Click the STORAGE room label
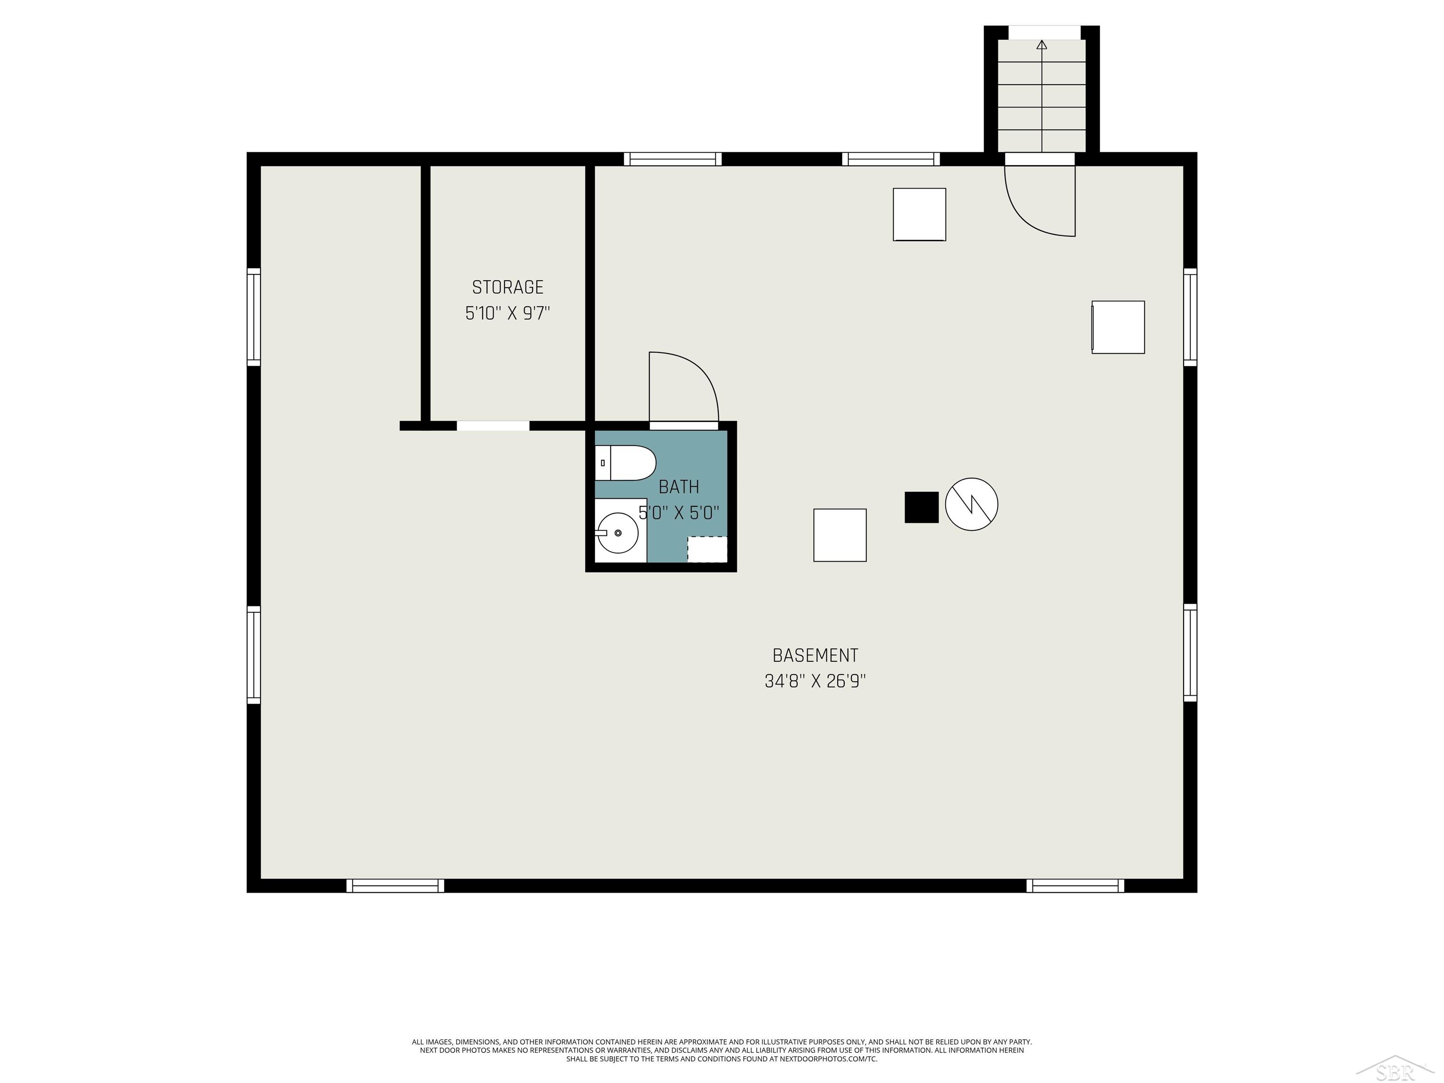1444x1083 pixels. click(507, 287)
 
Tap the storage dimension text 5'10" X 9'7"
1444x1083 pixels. click(507, 314)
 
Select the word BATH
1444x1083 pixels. click(678, 487)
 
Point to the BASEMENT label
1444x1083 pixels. click(815, 655)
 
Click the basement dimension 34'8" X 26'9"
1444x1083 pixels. click(815, 682)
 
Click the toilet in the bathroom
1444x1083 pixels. click(625, 463)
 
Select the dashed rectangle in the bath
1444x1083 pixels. click(707, 549)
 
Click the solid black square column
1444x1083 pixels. click(921, 507)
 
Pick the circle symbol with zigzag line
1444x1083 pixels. click(972, 504)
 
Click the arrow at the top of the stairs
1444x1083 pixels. click(1042, 45)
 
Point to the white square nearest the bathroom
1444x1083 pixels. click(840, 535)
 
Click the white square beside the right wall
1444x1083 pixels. click(1118, 327)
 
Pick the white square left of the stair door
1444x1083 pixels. click(919, 214)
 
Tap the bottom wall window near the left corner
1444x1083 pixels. click(395, 886)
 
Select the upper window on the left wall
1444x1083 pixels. click(253, 317)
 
